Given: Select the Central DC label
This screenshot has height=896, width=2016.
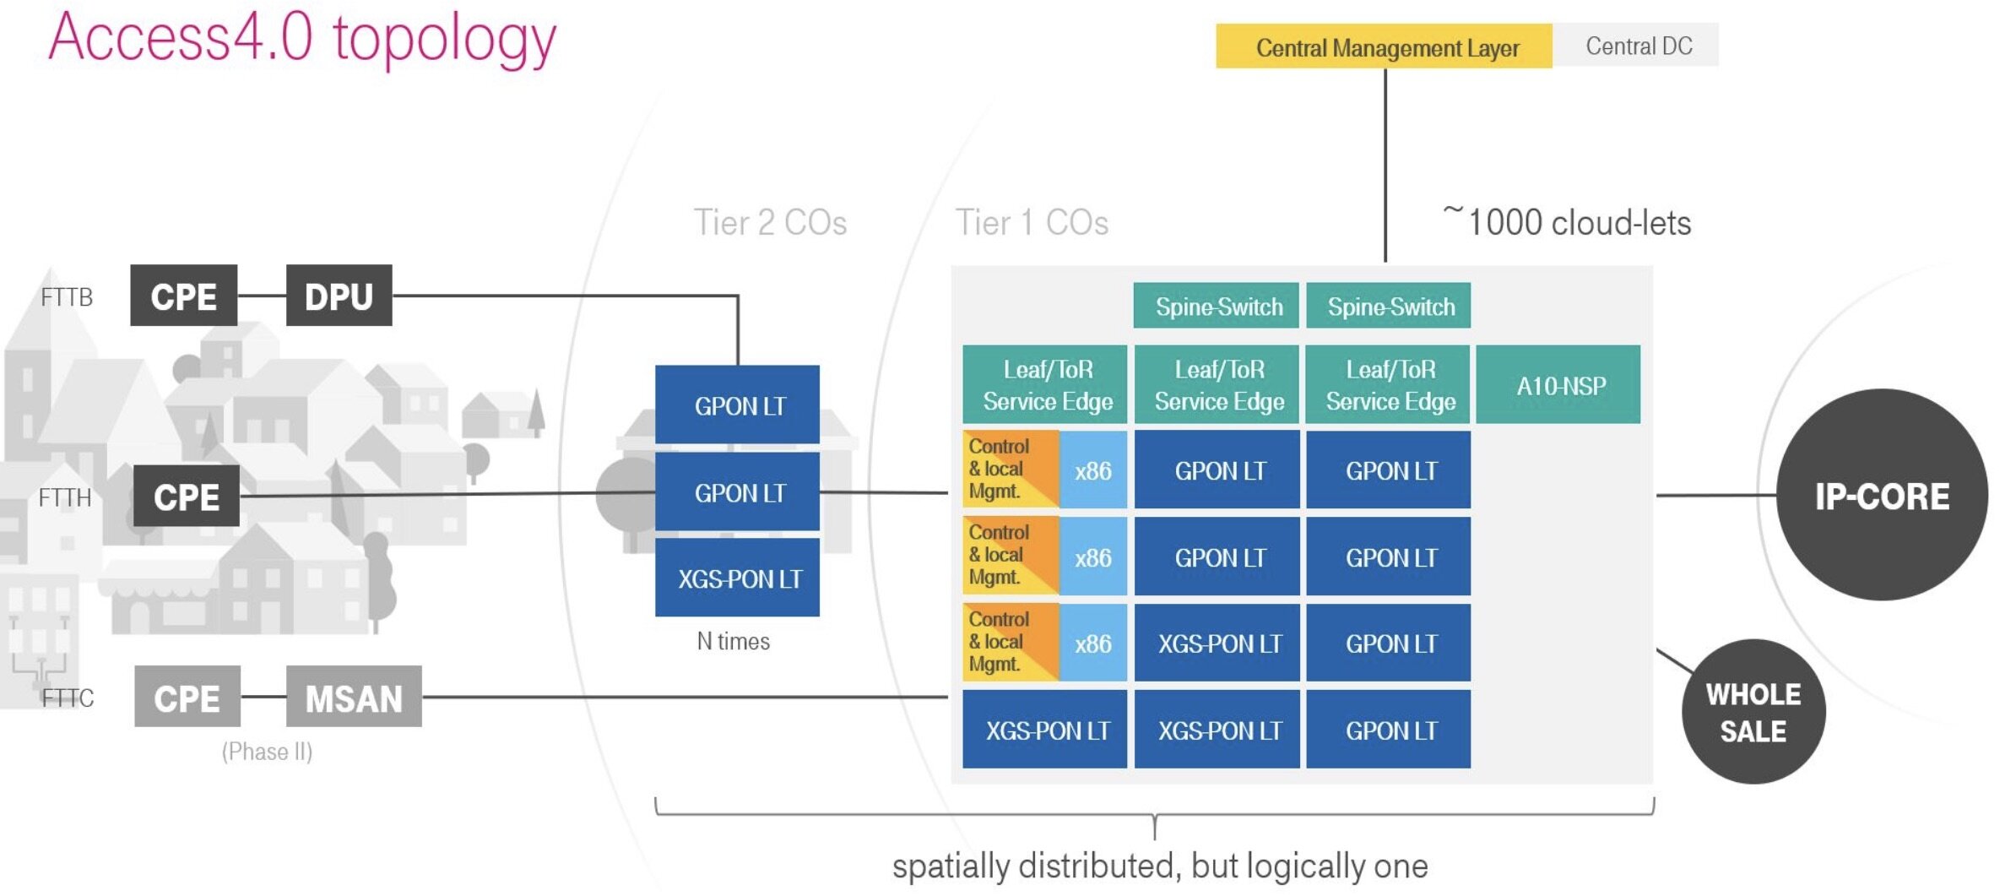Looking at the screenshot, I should pyautogui.click(x=1638, y=46).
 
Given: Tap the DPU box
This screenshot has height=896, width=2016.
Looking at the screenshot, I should pyautogui.click(x=339, y=296).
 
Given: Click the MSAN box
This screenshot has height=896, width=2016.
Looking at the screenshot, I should pyautogui.click(x=354, y=697).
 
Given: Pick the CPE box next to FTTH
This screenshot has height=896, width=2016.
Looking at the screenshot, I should pyautogui.click(x=186, y=496).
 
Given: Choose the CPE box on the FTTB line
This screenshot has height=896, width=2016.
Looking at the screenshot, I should pyautogui.click(x=183, y=296).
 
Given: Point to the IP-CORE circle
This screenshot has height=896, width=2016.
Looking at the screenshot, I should pyautogui.click(x=1882, y=496).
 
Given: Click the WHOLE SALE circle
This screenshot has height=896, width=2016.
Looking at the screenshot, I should pyautogui.click(x=1753, y=712).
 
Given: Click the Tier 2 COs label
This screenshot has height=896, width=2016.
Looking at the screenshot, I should pyautogui.click(x=770, y=223).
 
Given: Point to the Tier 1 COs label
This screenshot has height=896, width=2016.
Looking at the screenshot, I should pyautogui.click(x=1032, y=223).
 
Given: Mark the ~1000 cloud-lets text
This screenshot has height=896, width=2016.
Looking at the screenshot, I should pyautogui.click(x=1568, y=222).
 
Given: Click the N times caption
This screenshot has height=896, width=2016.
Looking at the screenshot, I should pyautogui.click(x=733, y=641).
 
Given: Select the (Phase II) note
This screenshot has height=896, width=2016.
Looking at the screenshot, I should pyautogui.click(x=267, y=752).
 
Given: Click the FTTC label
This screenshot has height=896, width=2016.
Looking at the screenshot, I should pyautogui.click(x=68, y=698).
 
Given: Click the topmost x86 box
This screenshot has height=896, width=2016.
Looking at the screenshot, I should pyautogui.click(x=1092, y=470).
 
